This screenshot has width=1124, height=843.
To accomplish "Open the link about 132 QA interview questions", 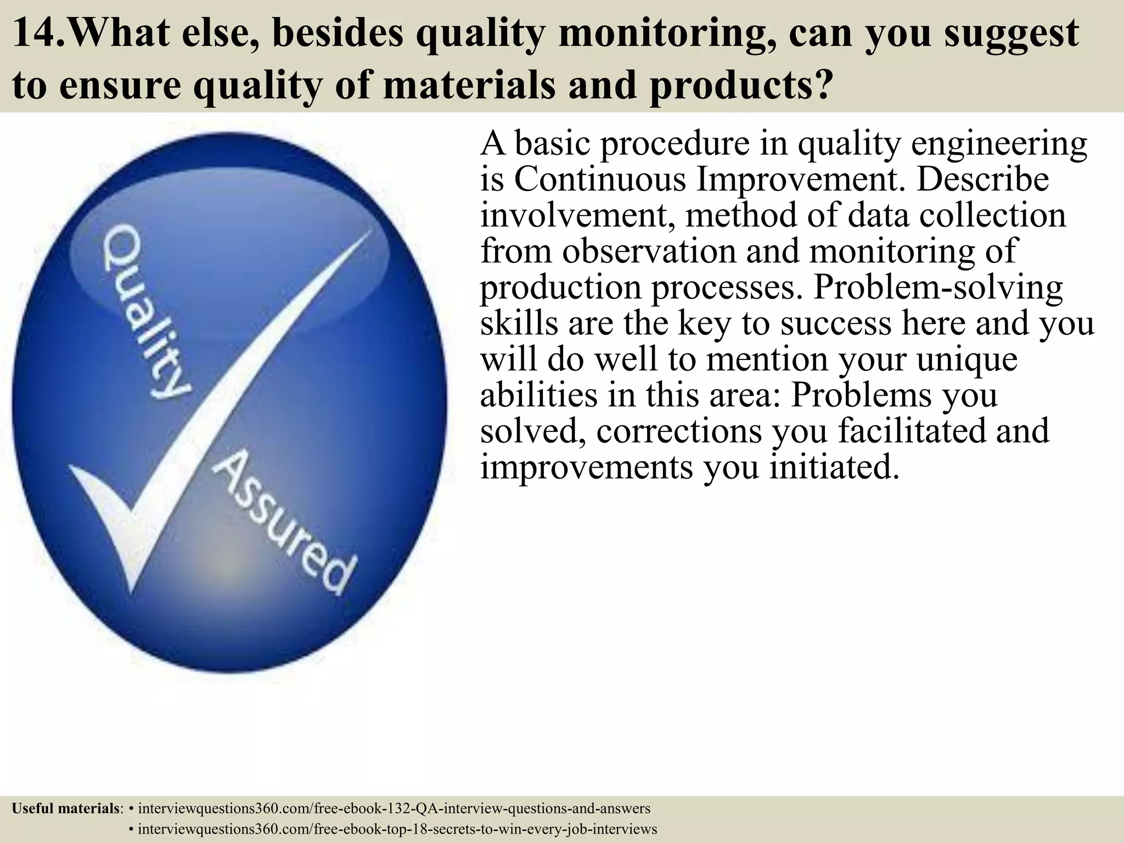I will (x=394, y=808).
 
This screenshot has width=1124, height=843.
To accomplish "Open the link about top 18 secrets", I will (x=397, y=829).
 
